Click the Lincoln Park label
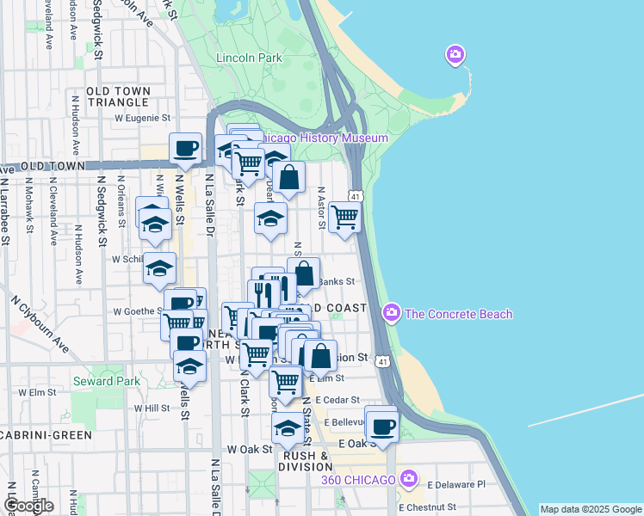pyautogui.click(x=250, y=58)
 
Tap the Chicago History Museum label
pyautogui.click(x=324, y=138)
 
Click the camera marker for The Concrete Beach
pyautogui.click(x=393, y=310)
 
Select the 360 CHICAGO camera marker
pyautogui.click(x=409, y=477)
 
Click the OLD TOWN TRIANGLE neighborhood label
pyautogui.click(x=118, y=96)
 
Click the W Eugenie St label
pyautogui.click(x=142, y=119)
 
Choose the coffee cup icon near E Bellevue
pyautogui.click(x=381, y=424)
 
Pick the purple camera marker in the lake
pyautogui.click(x=455, y=57)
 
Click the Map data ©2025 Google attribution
pyautogui.click(x=590, y=509)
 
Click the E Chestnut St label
pyautogui.click(x=432, y=507)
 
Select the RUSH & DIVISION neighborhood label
pyautogui.click(x=302, y=462)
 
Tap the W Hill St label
pyautogui.click(x=152, y=408)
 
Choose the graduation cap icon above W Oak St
pyautogui.click(x=287, y=427)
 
